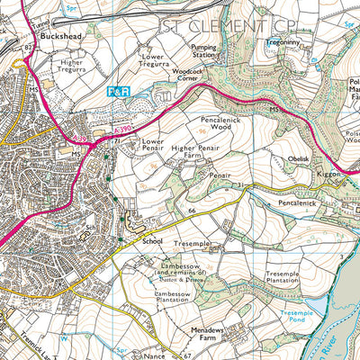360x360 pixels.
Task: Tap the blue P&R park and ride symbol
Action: point(119,92)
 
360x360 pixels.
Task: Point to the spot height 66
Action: point(193,210)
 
